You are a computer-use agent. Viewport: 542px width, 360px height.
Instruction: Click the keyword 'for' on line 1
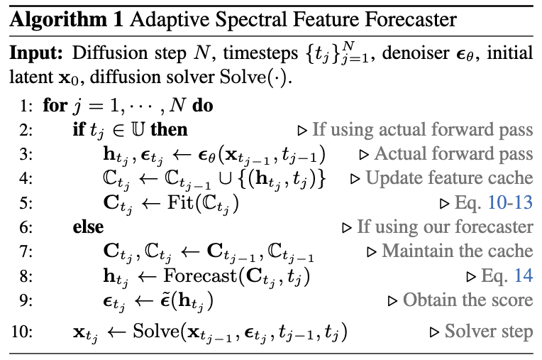[x=54, y=107]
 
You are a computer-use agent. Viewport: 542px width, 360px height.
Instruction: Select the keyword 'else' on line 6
[x=89, y=227]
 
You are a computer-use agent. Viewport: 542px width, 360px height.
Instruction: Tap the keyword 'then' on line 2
[x=170, y=131]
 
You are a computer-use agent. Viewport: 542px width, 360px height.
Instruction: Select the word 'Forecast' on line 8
[x=197, y=276]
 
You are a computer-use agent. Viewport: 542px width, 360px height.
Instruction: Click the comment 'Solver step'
[x=489, y=332]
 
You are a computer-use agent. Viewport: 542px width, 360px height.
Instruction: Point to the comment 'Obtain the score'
[x=468, y=300]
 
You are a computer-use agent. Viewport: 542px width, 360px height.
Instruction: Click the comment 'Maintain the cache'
[x=457, y=251]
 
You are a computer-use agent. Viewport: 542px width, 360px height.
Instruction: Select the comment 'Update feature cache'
[x=449, y=178]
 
